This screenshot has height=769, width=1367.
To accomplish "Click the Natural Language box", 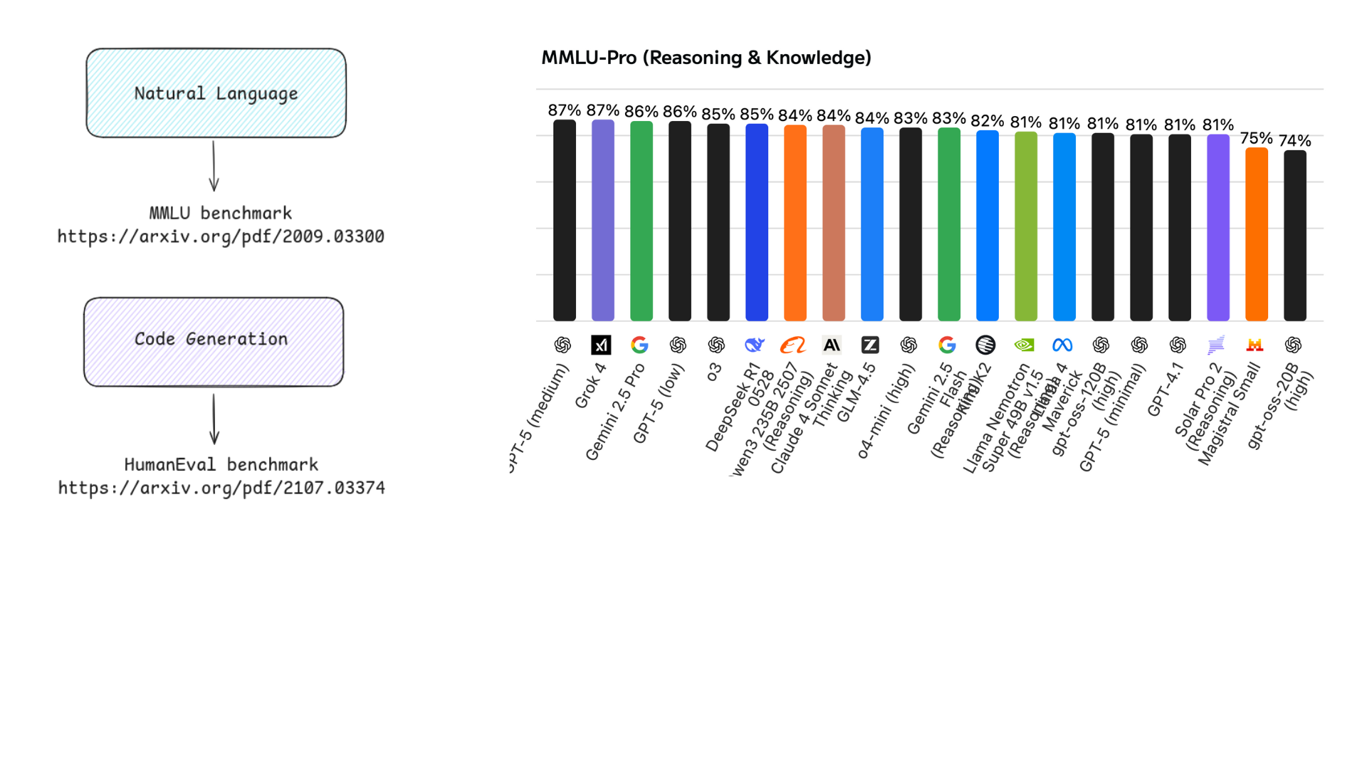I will tap(216, 93).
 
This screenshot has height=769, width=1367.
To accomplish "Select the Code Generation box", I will tap(214, 342).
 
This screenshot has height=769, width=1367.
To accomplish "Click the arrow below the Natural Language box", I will tap(214, 165).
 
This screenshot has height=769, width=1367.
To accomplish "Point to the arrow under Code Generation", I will tap(214, 419).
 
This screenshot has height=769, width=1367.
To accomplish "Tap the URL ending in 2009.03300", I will tap(221, 236).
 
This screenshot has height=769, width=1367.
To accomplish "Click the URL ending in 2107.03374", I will tap(221, 488).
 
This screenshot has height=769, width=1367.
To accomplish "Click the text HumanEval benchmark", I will tap(221, 464).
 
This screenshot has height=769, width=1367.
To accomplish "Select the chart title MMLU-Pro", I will tap(706, 58).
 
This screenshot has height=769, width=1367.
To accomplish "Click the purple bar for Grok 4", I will tap(603, 221).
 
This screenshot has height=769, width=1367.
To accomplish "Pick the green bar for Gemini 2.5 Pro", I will tap(641, 221).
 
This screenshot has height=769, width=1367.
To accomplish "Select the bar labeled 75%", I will tap(1257, 235).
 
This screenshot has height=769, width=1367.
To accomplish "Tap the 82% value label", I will tap(987, 121).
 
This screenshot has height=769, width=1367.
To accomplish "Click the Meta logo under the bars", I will tap(1062, 345).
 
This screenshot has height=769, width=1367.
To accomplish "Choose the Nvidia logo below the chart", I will tap(1024, 345).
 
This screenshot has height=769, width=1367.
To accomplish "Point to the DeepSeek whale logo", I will tap(755, 345).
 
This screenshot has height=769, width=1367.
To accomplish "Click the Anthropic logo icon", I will tap(832, 345).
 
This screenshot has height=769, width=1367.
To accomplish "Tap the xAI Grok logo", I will tap(601, 345).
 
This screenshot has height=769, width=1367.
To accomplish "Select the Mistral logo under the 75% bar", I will tap(1255, 345).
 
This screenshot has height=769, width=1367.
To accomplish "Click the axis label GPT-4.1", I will tap(1165, 389).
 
